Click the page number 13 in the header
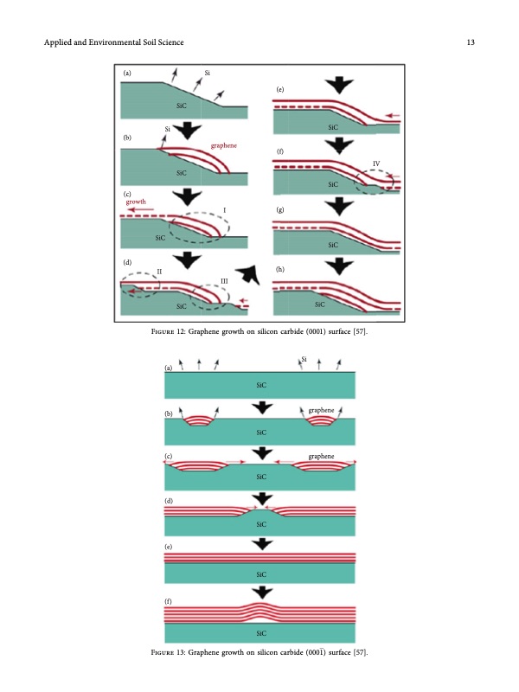471,42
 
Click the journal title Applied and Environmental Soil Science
114,42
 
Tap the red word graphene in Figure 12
224,145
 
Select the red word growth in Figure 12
136,202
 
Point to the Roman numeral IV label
376,163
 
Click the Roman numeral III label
224,281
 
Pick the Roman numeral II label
159,272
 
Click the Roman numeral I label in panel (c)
224,210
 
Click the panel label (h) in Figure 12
279,269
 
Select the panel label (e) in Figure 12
279,89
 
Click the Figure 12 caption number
181,331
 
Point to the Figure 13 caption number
181,652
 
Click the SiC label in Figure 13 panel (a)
261,385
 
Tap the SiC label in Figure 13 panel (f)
261,633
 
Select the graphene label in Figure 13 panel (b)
321,410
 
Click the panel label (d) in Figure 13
169,501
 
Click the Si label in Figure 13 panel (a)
304,359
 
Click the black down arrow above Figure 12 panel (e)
339,85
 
